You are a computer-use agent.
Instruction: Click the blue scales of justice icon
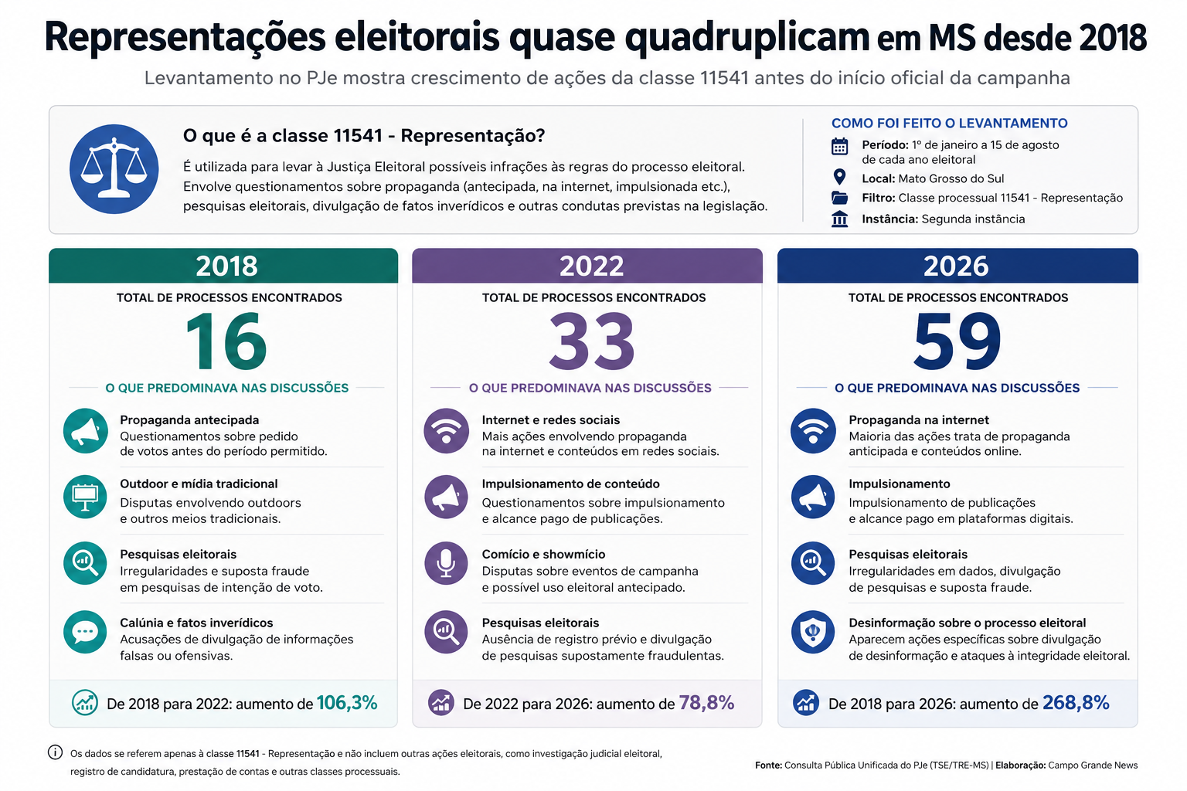pos(114,169)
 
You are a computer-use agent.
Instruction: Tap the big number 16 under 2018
pos(226,341)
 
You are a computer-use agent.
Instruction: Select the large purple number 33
pos(591,341)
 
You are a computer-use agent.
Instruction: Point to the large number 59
pos(957,341)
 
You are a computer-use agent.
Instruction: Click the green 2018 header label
pos(226,266)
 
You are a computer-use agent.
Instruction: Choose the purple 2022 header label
pos(591,266)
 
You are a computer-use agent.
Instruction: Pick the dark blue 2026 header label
pos(956,266)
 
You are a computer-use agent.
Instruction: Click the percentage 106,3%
pos(347,703)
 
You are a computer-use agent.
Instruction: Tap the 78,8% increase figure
pos(706,703)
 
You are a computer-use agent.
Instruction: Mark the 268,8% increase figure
pos(1076,703)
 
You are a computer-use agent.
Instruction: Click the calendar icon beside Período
pos(839,146)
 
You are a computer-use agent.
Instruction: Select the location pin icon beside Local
pos(839,177)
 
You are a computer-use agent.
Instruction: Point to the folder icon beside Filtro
pos(839,198)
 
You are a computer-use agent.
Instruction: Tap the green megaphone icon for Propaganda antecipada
pos(85,431)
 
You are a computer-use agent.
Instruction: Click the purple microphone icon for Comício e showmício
pos(446,563)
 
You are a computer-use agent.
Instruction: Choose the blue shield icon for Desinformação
pos(813,632)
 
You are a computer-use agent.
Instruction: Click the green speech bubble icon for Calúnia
pos(85,632)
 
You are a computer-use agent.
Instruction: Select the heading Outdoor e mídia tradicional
pos(199,484)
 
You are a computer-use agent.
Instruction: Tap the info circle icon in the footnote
pos(55,752)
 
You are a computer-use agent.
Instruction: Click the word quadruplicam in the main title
pos(747,38)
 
